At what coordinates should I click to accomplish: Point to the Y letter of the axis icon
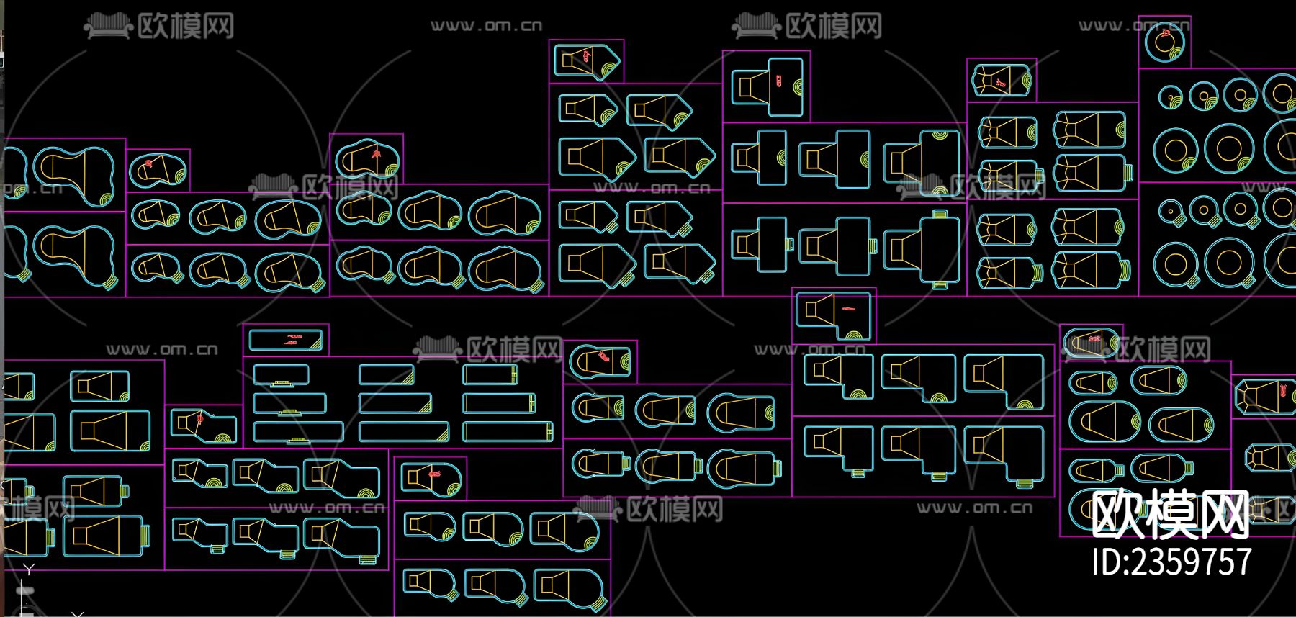point(28,569)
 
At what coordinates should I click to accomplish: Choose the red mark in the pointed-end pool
point(587,55)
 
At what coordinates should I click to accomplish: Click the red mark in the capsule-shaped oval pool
point(1094,337)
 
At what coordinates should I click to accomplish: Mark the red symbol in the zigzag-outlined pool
point(199,418)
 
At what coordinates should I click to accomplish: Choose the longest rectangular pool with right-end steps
point(509,431)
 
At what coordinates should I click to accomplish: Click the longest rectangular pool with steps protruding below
point(297,431)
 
